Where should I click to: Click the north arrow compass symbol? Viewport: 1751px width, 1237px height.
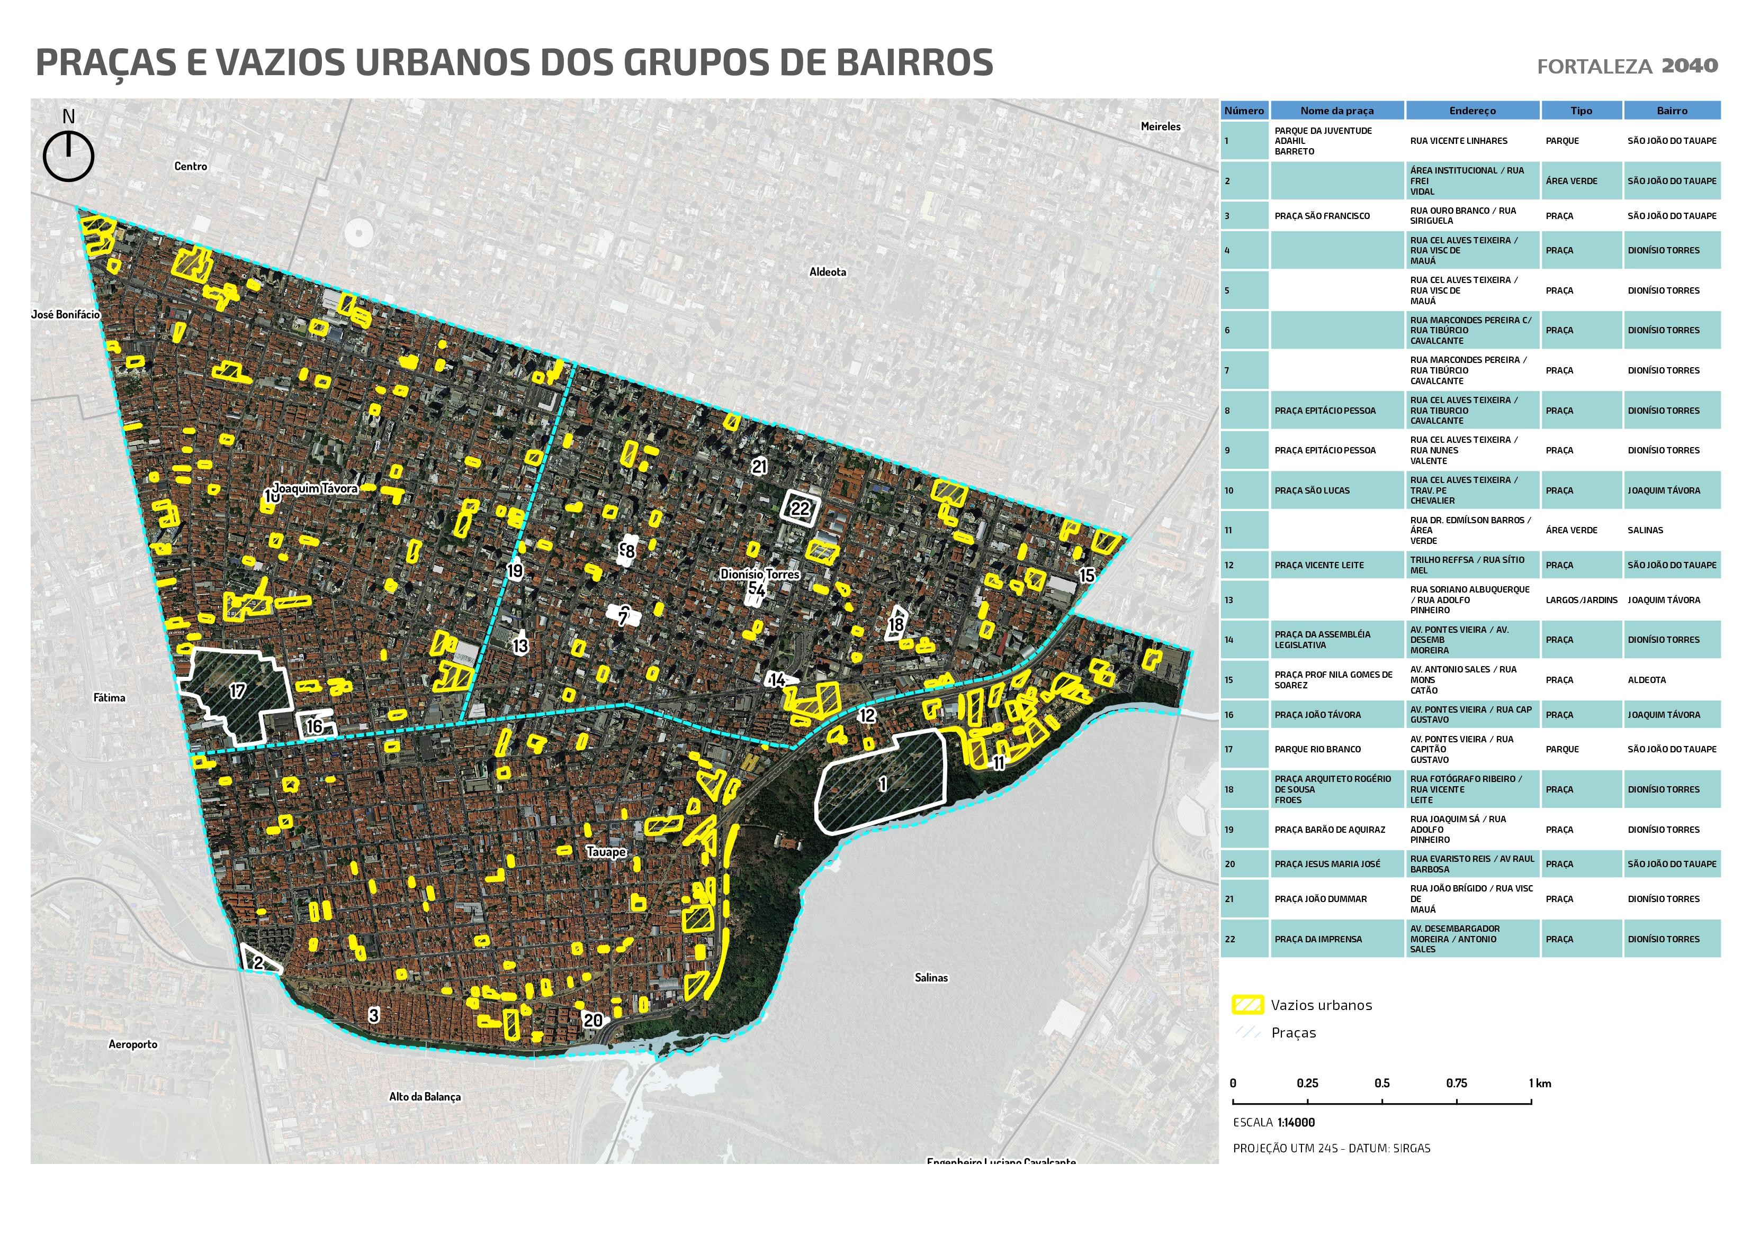[69, 156]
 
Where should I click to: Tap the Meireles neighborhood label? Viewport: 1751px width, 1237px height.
[1160, 126]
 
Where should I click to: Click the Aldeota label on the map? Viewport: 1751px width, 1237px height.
[828, 272]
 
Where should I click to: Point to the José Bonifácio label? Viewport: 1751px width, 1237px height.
[66, 314]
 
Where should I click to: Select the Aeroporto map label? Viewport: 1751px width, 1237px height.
[133, 1044]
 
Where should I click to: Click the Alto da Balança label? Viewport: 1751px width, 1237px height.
[425, 1097]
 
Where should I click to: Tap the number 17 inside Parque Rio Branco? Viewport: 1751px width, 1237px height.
[238, 690]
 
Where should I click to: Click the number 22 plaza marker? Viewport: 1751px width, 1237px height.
[800, 508]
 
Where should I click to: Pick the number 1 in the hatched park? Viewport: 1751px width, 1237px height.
[883, 784]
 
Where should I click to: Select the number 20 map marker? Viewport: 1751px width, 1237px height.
[592, 1021]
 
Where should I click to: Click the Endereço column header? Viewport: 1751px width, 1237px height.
[1472, 111]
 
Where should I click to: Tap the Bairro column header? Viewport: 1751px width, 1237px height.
[1672, 111]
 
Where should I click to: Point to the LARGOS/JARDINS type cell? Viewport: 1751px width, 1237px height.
[1581, 600]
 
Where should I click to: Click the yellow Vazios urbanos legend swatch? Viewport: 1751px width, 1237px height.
[1247, 1005]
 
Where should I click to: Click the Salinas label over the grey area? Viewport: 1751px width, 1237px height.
[931, 977]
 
